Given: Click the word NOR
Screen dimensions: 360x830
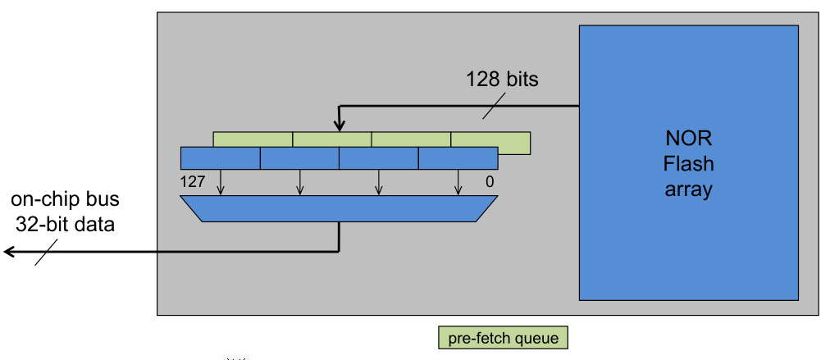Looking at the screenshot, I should click(688, 137).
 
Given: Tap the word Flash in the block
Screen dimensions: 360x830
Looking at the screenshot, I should click(688, 163).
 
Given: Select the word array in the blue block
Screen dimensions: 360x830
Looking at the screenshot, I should click(688, 190).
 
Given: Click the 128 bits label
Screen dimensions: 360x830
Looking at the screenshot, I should click(502, 80).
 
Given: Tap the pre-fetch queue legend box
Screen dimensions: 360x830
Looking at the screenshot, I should click(502, 338).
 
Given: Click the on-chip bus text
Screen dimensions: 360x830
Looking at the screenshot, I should click(65, 199).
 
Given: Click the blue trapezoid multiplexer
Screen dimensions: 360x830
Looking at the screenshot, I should click(338, 209).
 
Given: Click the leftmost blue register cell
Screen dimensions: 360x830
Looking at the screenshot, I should click(220, 158).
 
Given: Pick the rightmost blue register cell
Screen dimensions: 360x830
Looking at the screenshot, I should click(458, 158).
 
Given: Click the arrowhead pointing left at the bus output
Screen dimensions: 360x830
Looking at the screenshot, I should click(10, 252).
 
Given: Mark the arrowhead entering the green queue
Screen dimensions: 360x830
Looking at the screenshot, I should click(339, 125).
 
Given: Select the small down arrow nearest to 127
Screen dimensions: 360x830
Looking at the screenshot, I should click(221, 185).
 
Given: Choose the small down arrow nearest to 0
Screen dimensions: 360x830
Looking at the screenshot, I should click(458, 185).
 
